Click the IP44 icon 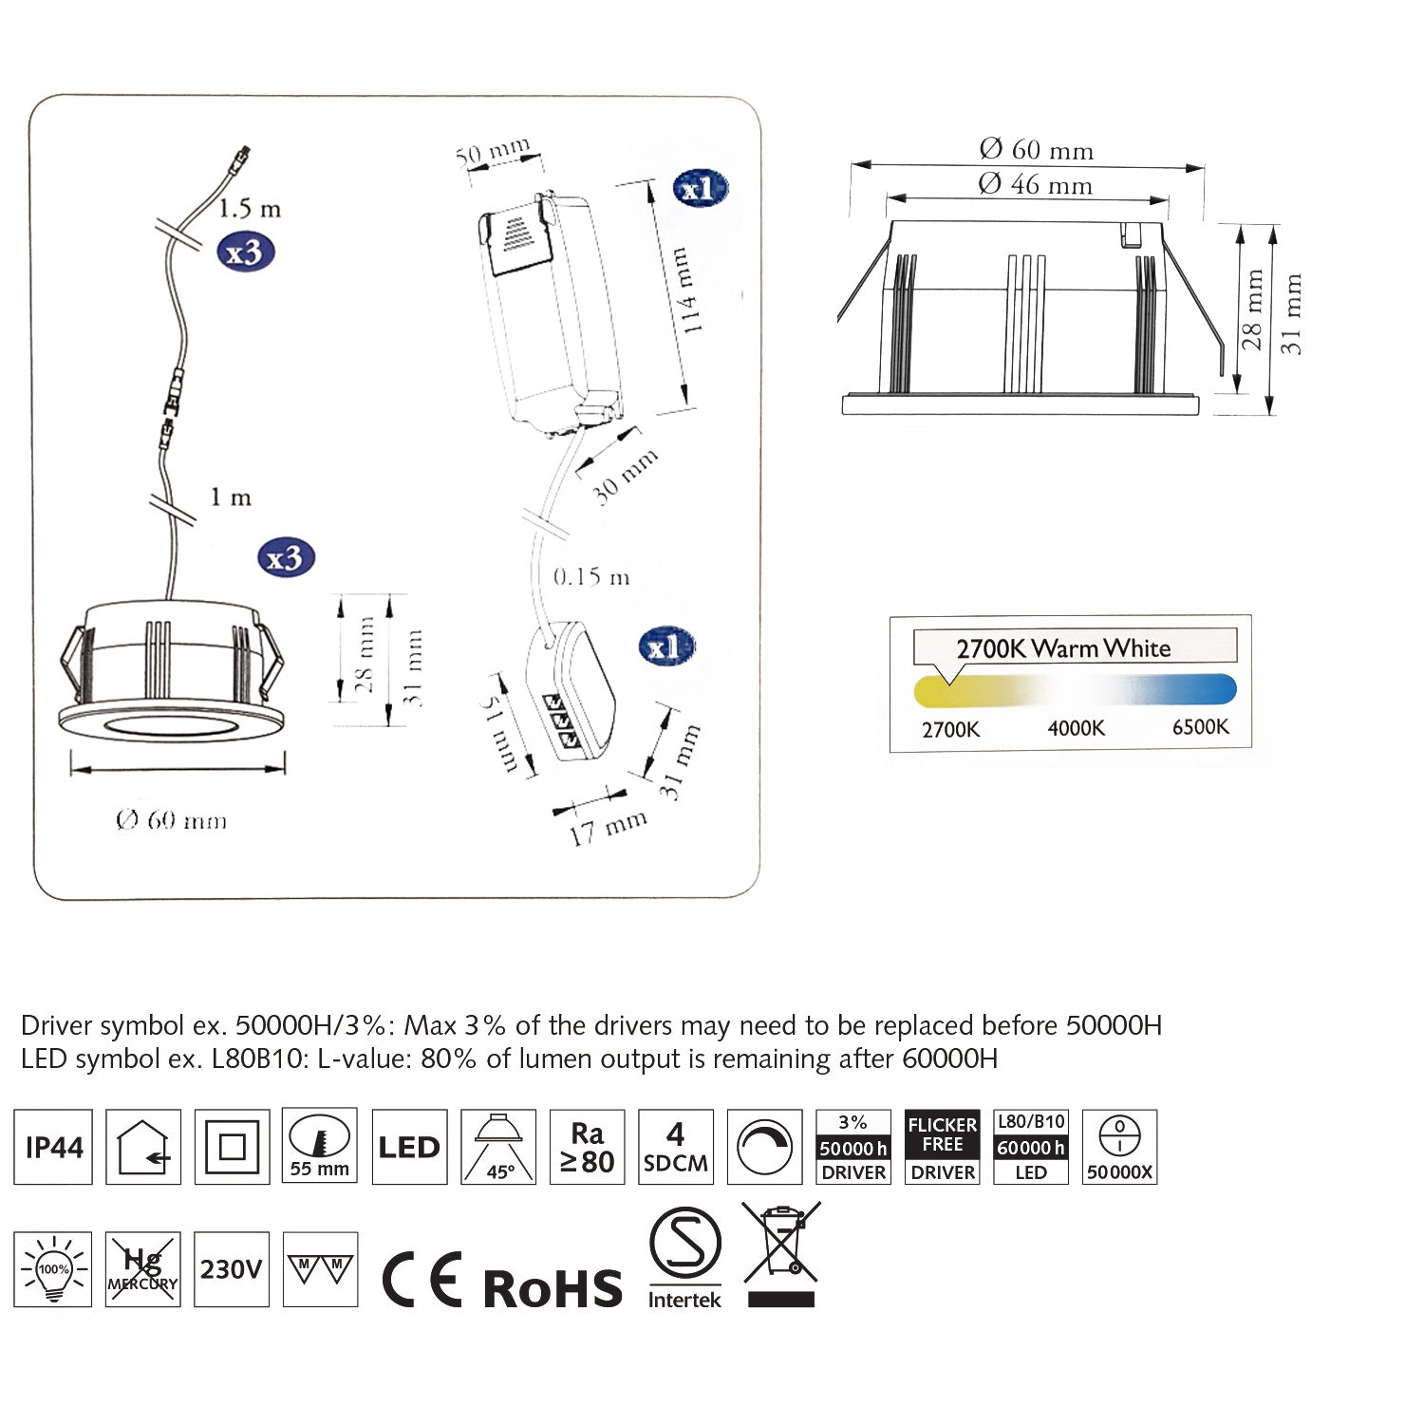53,1147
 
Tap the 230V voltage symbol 231,1269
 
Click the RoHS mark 553,1288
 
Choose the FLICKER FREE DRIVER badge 943,1147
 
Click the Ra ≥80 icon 587,1147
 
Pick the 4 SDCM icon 675,1147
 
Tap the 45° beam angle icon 498,1147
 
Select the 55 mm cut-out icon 320,1147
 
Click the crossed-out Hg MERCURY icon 142,1269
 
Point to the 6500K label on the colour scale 1200,727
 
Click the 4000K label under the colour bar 1076,728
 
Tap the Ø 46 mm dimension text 1035,184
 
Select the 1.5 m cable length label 250,208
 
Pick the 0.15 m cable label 590,577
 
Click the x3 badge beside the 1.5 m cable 245,253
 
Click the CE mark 422,1280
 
